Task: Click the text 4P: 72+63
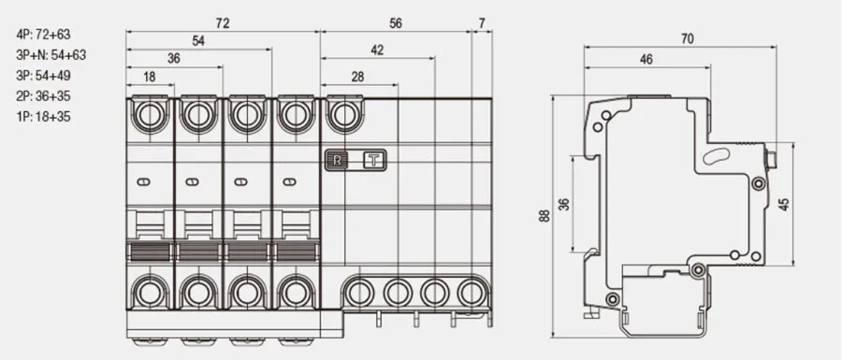click(x=43, y=35)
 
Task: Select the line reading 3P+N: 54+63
click(x=51, y=55)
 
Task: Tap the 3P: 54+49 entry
click(x=43, y=76)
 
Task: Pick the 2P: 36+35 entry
click(x=43, y=96)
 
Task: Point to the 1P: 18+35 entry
click(x=43, y=117)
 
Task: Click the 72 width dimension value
click(x=223, y=23)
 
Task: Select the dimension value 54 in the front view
click(x=198, y=41)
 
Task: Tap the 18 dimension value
click(x=150, y=77)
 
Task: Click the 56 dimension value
click(x=396, y=23)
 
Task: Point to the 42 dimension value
click(x=378, y=50)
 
